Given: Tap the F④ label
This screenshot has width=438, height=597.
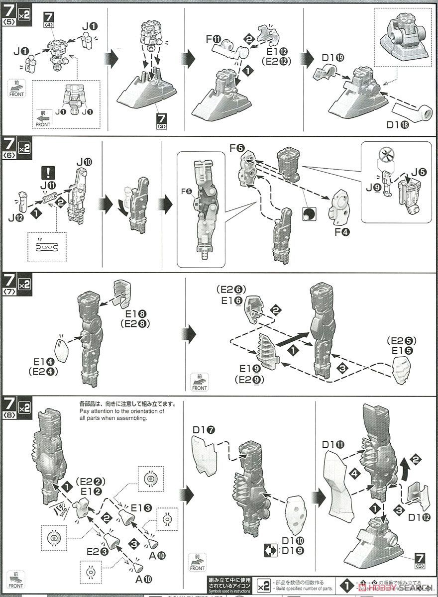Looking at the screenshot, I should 342,231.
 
